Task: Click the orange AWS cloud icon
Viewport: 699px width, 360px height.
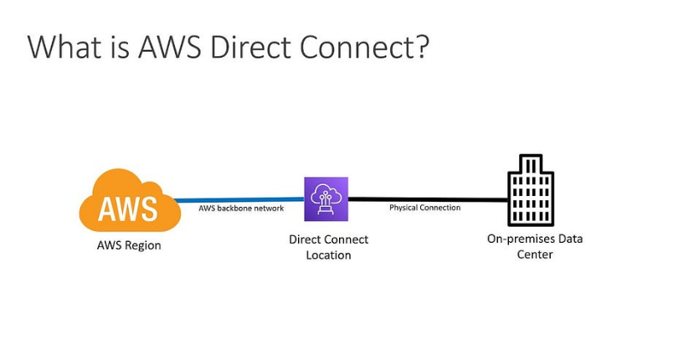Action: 129,201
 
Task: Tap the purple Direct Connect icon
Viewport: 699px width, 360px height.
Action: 326,199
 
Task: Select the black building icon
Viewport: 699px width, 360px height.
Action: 531,190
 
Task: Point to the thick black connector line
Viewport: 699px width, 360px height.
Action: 427,200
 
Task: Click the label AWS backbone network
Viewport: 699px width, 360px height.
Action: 241,208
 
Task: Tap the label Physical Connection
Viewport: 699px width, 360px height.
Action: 424,208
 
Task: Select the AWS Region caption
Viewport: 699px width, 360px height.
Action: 129,245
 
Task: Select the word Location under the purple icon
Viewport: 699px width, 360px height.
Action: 328,255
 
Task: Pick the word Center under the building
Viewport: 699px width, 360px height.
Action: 535,254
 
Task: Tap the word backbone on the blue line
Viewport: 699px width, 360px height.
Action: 236,208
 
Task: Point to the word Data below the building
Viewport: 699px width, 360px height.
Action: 570,239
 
